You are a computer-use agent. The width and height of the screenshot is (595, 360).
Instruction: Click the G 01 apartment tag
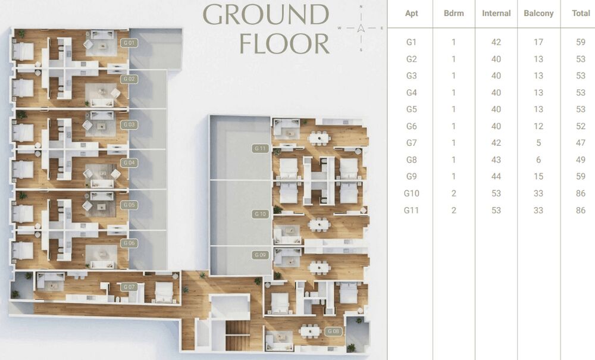(x=129, y=43)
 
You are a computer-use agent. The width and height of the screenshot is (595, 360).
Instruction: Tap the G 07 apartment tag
(x=129, y=287)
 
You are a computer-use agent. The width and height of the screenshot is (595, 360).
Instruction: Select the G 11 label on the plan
(x=261, y=148)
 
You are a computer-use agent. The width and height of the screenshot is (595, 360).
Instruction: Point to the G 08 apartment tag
(x=334, y=331)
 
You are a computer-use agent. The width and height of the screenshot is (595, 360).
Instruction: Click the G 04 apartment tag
(x=129, y=162)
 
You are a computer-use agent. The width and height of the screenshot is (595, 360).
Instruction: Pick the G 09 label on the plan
(x=261, y=255)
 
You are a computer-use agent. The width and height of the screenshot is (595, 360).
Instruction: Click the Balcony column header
(x=538, y=13)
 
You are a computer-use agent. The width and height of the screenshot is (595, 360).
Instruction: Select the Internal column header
(x=496, y=13)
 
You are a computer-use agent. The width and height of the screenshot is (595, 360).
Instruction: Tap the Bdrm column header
(x=454, y=13)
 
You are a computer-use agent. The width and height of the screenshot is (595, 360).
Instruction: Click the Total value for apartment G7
(x=581, y=143)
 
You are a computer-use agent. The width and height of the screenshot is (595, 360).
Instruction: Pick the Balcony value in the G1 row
(x=538, y=42)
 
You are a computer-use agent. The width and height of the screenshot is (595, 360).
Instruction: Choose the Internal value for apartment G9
(x=496, y=176)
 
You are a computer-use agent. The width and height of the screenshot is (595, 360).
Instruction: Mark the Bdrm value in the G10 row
(x=454, y=193)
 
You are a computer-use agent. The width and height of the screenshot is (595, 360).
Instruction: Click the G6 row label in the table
(x=411, y=126)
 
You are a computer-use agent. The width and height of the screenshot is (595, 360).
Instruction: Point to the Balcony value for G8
(x=538, y=159)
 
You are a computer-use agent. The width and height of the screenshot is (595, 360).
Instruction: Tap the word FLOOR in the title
(x=284, y=43)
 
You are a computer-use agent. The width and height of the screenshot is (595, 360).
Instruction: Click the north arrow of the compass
(x=361, y=28)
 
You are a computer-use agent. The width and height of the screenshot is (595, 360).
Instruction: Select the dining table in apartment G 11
(x=319, y=137)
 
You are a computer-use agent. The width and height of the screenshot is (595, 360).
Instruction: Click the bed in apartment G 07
(x=164, y=292)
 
